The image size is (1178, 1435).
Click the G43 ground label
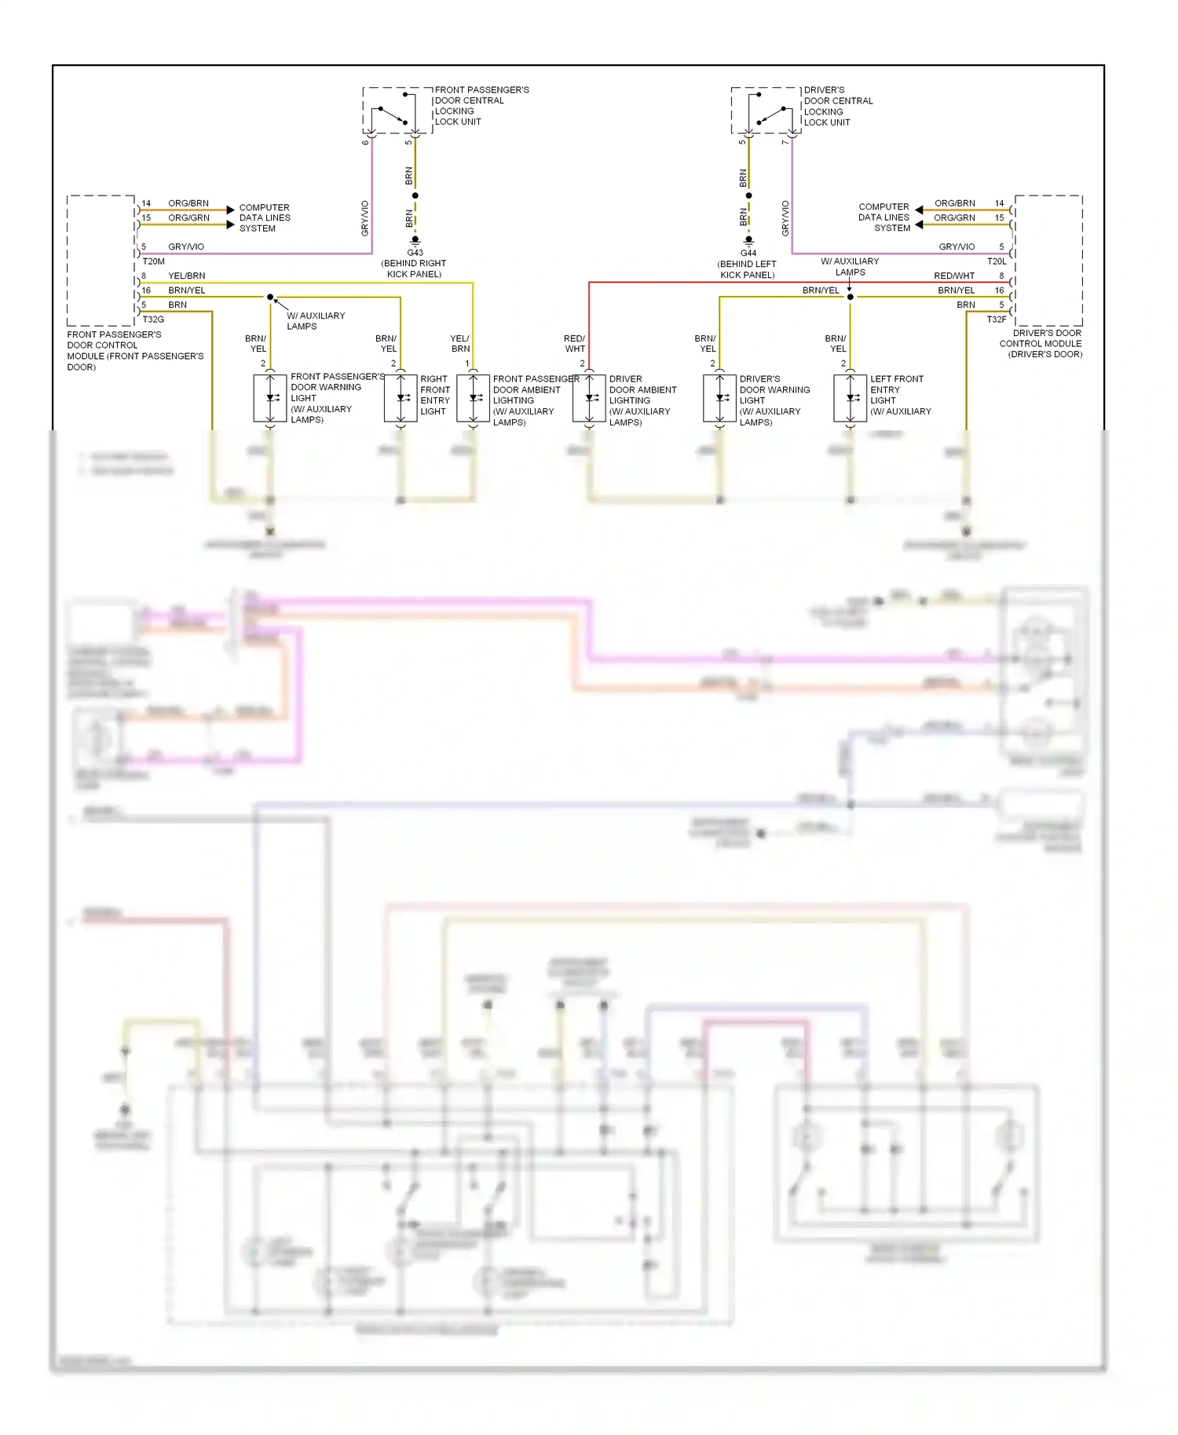coord(415,253)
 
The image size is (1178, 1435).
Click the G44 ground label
coord(748,254)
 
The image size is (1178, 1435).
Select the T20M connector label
coord(154,261)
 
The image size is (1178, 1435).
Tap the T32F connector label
coord(996,319)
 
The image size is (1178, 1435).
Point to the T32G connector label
coord(153,319)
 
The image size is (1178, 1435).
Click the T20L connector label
coord(996,261)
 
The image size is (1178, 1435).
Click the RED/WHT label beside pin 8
coord(953,276)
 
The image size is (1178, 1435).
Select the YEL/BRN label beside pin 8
coord(187,276)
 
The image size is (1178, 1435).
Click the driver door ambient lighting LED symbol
coord(590,399)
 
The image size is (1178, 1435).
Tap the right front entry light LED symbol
coord(401,399)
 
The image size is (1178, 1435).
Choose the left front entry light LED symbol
coord(851,399)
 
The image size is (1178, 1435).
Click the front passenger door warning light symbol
coord(270,399)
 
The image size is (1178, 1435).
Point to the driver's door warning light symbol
coord(720,399)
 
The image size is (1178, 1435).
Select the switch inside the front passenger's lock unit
coord(393,115)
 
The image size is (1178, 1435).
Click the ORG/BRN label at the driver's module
coord(954,203)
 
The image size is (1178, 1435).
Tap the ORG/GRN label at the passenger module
coord(188,217)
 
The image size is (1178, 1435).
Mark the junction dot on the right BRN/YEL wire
coord(850,297)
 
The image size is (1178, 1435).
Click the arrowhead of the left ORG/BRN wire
coord(230,210)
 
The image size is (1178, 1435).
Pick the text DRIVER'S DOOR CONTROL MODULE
coord(1041,343)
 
